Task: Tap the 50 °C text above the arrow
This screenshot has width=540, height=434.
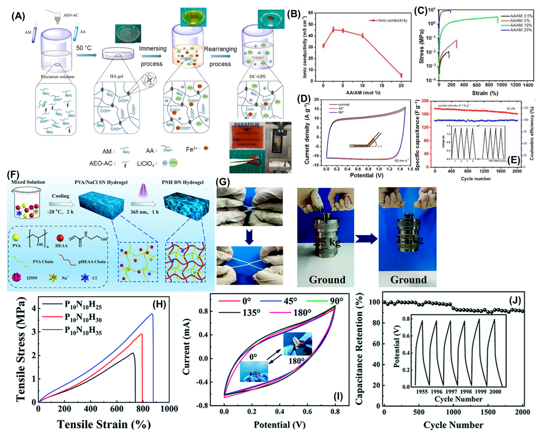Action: click(x=84, y=48)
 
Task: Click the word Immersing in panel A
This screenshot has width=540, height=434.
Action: click(x=153, y=48)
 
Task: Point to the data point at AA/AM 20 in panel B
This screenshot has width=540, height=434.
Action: click(x=401, y=75)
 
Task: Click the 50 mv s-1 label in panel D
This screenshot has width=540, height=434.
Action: click(x=401, y=160)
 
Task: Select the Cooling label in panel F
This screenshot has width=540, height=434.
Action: click(x=61, y=196)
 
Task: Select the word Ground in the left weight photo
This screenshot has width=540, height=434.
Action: click(x=327, y=279)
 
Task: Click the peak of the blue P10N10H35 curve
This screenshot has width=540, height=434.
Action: click(x=152, y=314)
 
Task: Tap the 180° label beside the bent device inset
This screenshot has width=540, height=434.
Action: click(x=296, y=361)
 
